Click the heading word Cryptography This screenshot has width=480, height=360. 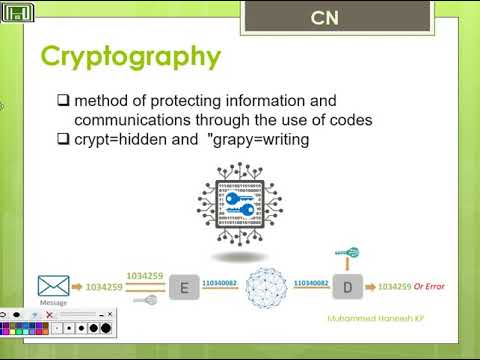pyautogui.click(x=130, y=56)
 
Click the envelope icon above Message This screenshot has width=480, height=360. pyautogui.click(x=53, y=286)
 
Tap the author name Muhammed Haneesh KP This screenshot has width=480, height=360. pyautogui.click(x=369, y=320)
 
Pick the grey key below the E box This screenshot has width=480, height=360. pyautogui.click(x=147, y=298)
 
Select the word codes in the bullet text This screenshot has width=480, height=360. pyautogui.click(x=350, y=120)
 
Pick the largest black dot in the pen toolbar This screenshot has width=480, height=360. pyautogui.click(x=104, y=327)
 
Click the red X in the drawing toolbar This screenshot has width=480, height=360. pyautogui.click(x=50, y=314)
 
